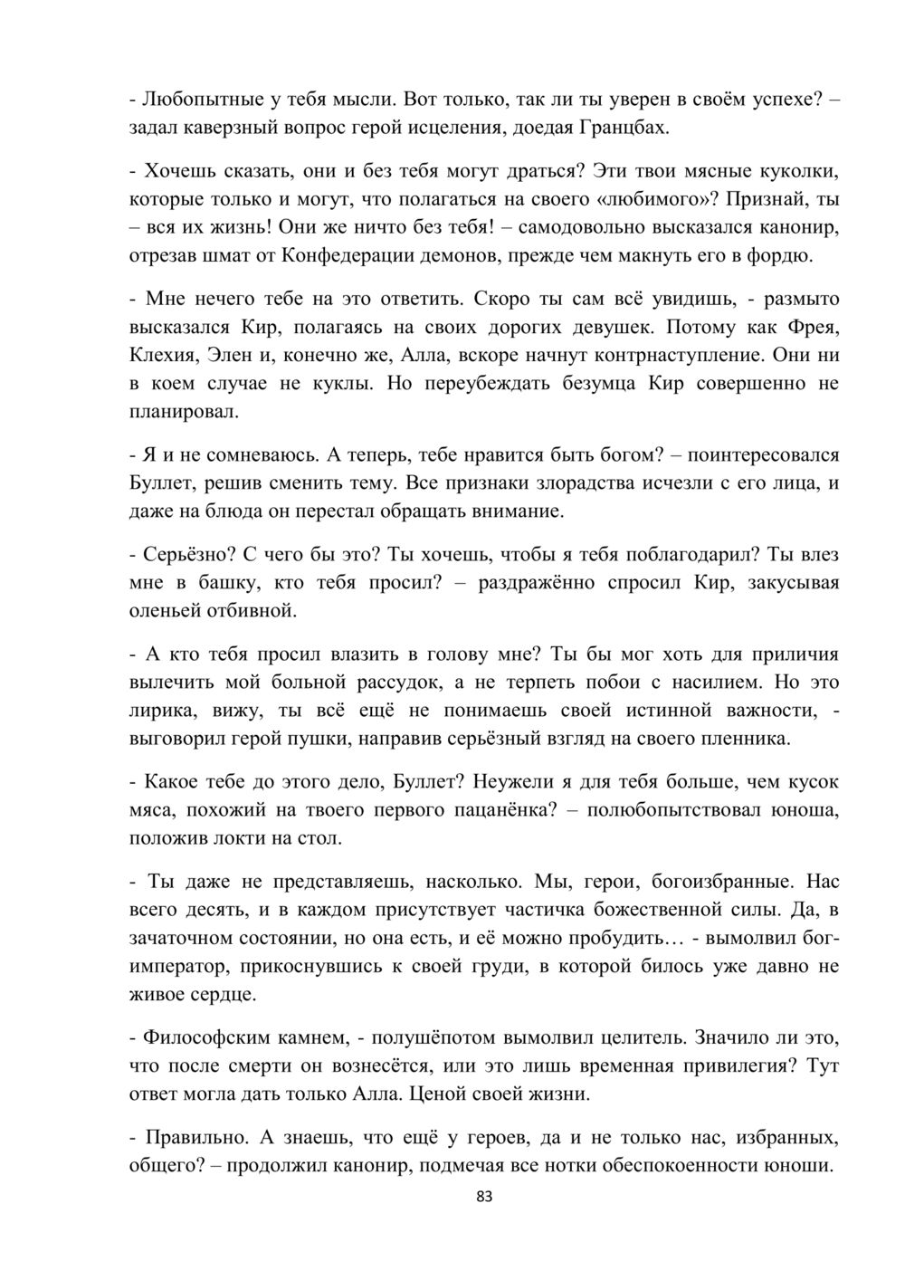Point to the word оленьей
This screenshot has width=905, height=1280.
tap(166, 611)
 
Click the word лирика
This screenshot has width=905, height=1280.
tap(157, 711)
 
